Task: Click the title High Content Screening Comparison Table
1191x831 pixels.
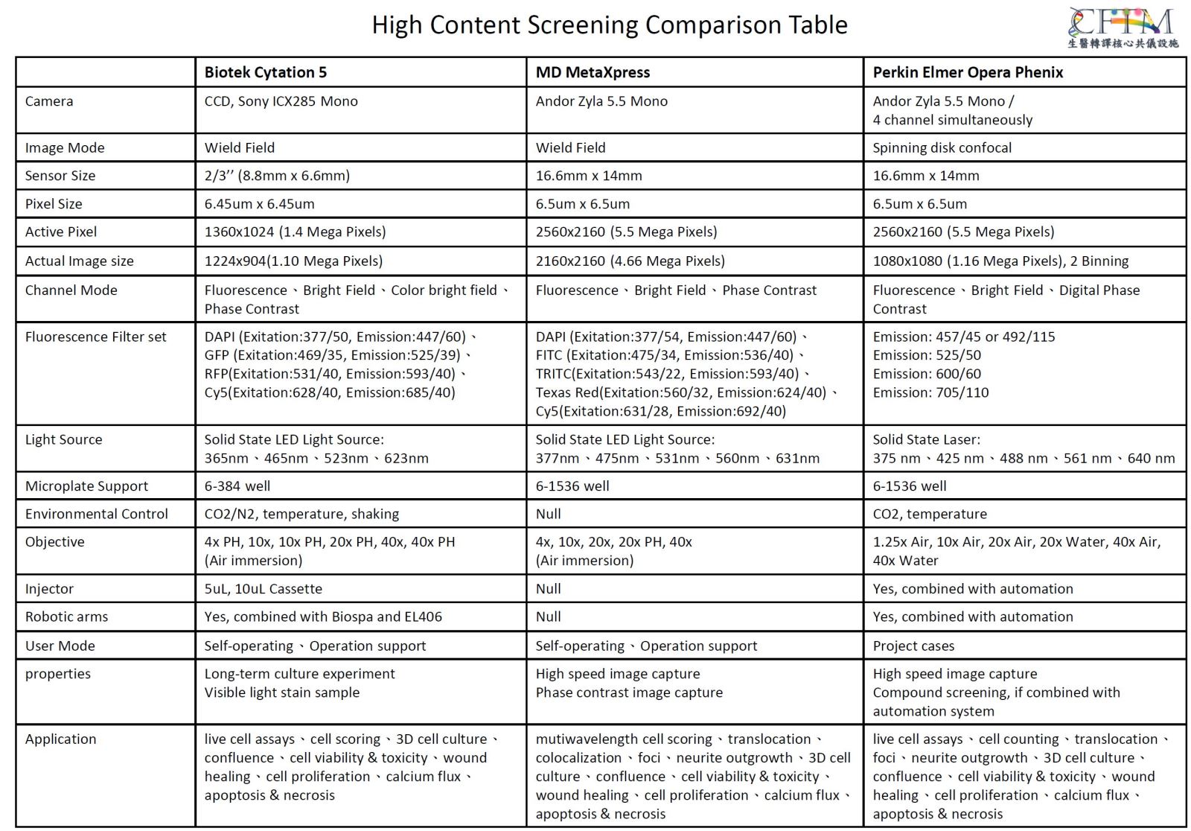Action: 609,25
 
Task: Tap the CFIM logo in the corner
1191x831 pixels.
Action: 1123,28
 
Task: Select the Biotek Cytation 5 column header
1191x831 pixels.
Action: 265,72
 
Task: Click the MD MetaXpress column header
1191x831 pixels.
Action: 593,72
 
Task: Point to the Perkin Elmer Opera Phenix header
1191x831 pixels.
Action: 968,72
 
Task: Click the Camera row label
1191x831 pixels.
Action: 49,101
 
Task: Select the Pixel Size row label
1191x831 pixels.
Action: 54,204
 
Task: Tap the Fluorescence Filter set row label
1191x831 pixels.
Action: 96,337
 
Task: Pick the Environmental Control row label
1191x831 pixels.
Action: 97,514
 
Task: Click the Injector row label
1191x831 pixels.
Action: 49,589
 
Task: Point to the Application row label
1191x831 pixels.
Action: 61,739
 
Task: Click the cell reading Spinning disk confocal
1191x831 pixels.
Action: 942,147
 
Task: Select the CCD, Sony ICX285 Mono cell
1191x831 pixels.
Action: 281,101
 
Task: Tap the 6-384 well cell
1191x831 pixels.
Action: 237,486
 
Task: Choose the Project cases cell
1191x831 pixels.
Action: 913,646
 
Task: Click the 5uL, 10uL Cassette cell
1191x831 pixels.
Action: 264,589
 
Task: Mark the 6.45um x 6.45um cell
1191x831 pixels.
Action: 259,204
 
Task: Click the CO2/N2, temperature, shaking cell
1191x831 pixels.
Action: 301,514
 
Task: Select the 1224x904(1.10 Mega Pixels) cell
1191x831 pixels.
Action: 293,261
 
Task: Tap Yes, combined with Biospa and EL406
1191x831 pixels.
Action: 323,617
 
